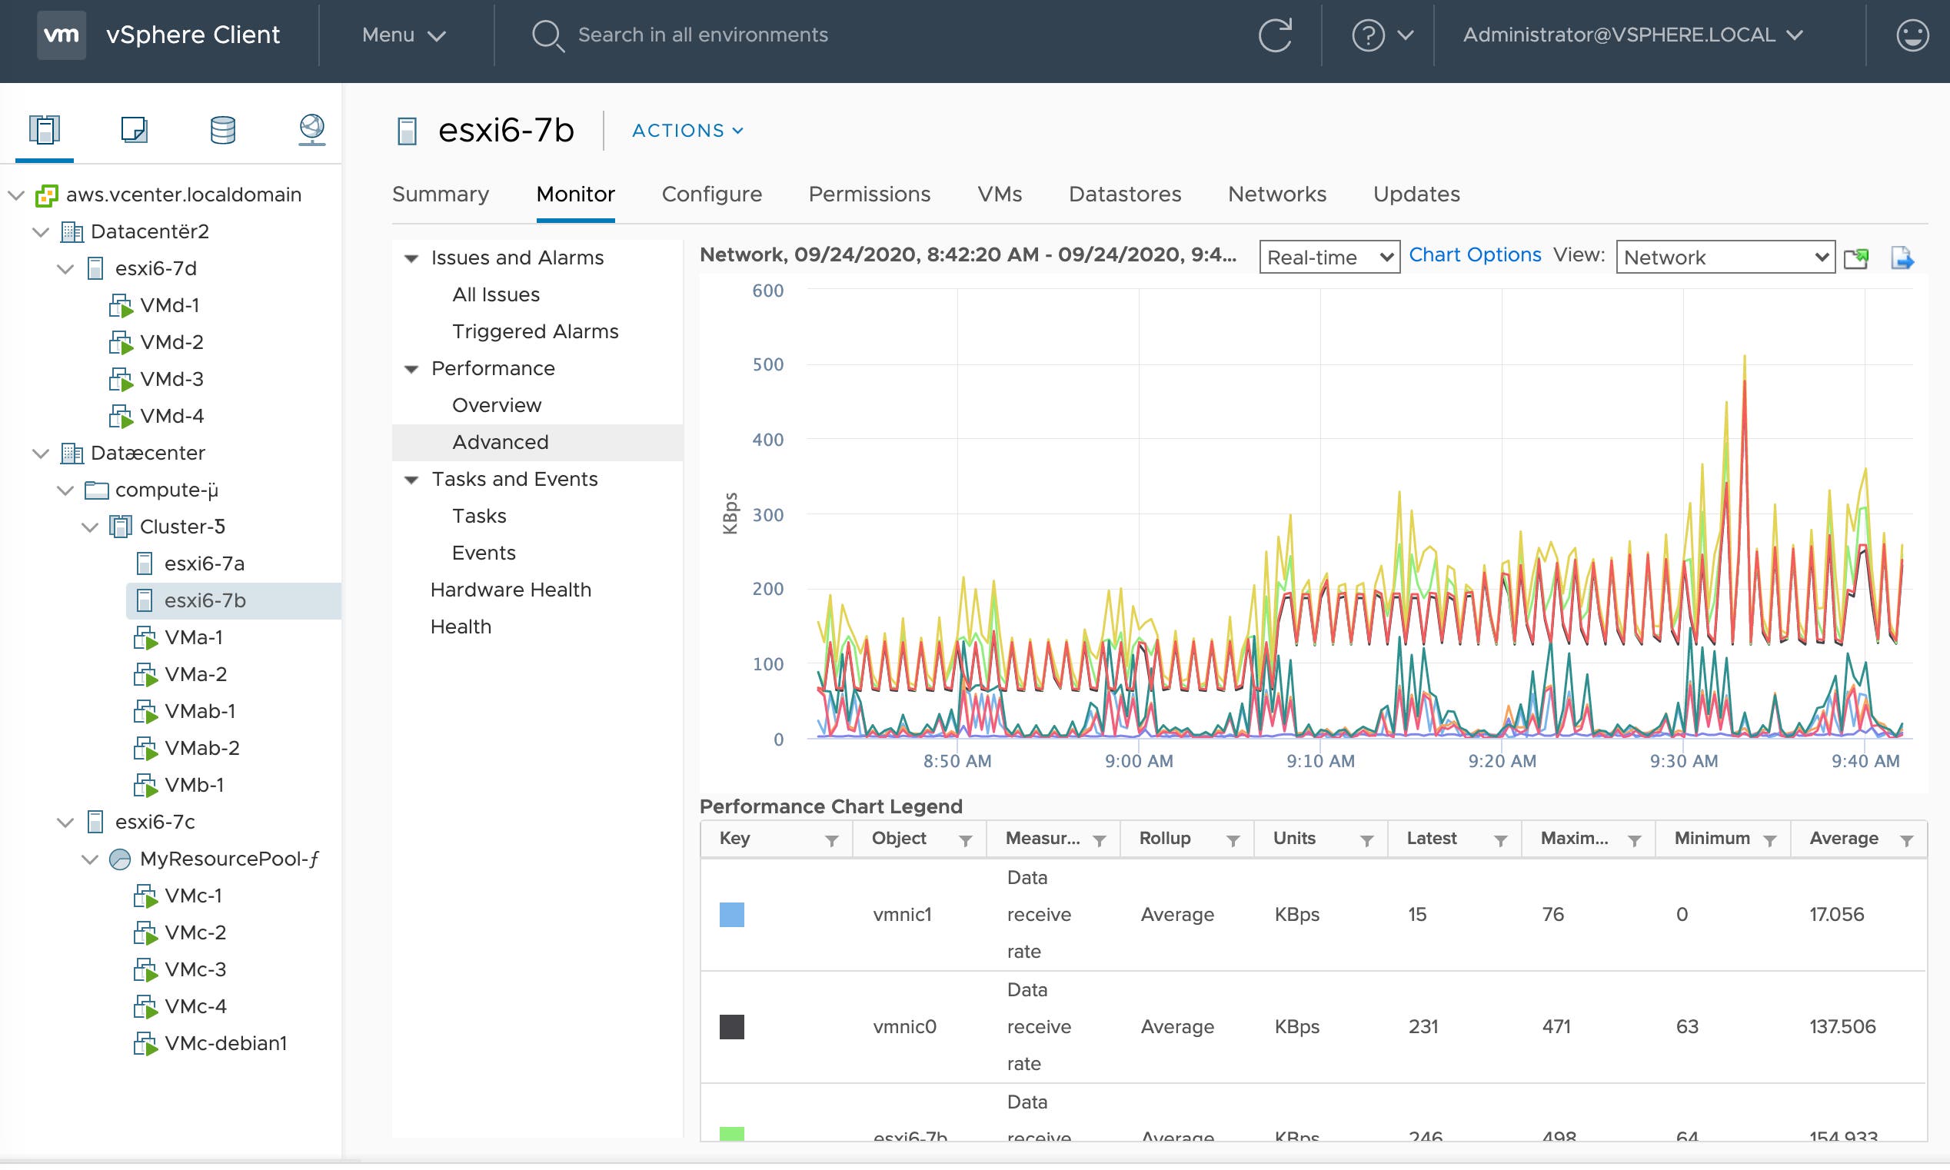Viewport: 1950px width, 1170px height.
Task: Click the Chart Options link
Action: click(x=1474, y=254)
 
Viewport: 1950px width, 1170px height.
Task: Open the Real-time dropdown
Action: click(x=1329, y=257)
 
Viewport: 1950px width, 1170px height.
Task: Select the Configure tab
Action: click(x=711, y=194)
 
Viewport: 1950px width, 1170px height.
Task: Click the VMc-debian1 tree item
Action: click(x=225, y=1042)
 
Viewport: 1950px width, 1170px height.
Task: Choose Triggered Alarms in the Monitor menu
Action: click(x=534, y=331)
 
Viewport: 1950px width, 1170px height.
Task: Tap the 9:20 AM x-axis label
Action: click(x=1502, y=761)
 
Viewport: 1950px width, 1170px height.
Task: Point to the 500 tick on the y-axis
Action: click(x=767, y=364)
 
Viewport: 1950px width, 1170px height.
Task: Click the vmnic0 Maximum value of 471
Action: click(x=1556, y=1025)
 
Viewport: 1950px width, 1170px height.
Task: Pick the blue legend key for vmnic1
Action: click(x=731, y=914)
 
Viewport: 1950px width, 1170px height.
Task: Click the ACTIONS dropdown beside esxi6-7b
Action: click(x=687, y=130)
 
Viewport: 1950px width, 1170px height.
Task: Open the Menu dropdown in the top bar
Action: click(x=403, y=35)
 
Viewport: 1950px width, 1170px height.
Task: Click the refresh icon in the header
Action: click(x=1274, y=35)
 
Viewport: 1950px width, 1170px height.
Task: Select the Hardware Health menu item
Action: click(x=510, y=589)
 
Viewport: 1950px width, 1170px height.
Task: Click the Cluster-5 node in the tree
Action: click(x=182, y=526)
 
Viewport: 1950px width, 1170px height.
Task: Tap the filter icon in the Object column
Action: click(x=964, y=839)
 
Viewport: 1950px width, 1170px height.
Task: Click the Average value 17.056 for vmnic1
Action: click(x=1835, y=914)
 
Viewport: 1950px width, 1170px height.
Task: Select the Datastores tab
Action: click(x=1123, y=194)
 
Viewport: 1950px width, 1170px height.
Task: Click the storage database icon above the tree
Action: click(x=222, y=129)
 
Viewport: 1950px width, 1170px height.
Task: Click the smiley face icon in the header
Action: click(x=1912, y=35)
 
